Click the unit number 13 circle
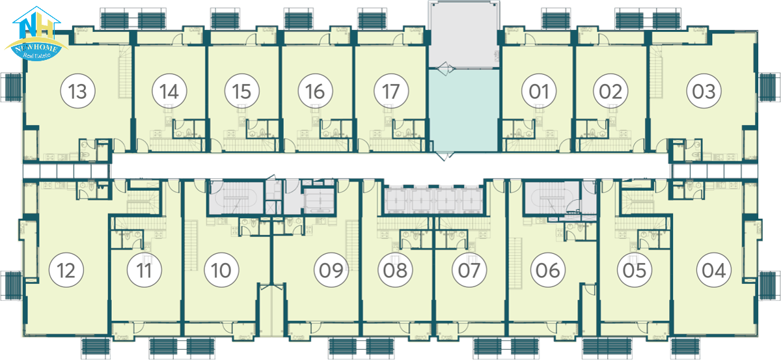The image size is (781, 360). [x=77, y=91]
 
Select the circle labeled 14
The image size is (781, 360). [x=169, y=91]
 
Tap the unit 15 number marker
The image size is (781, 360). [x=242, y=91]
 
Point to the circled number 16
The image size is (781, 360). [x=315, y=91]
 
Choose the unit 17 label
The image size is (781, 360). [x=391, y=91]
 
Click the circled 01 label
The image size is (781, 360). [x=539, y=91]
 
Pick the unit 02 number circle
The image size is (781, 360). [x=610, y=91]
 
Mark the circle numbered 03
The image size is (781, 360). [x=704, y=91]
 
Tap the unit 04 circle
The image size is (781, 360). [x=714, y=270]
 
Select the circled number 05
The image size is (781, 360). [x=634, y=270]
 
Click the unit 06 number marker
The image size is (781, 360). [x=548, y=270]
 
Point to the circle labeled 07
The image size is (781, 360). [x=469, y=270]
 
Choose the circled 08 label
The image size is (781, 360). [x=396, y=270]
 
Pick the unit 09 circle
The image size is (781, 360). [x=331, y=270]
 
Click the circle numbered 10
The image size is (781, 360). [x=221, y=270]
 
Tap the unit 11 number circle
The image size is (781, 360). [x=144, y=270]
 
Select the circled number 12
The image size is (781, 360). [x=66, y=270]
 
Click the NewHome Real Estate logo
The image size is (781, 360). [x=36, y=34]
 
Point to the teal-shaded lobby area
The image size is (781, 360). [x=463, y=110]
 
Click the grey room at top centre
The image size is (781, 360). [x=463, y=35]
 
